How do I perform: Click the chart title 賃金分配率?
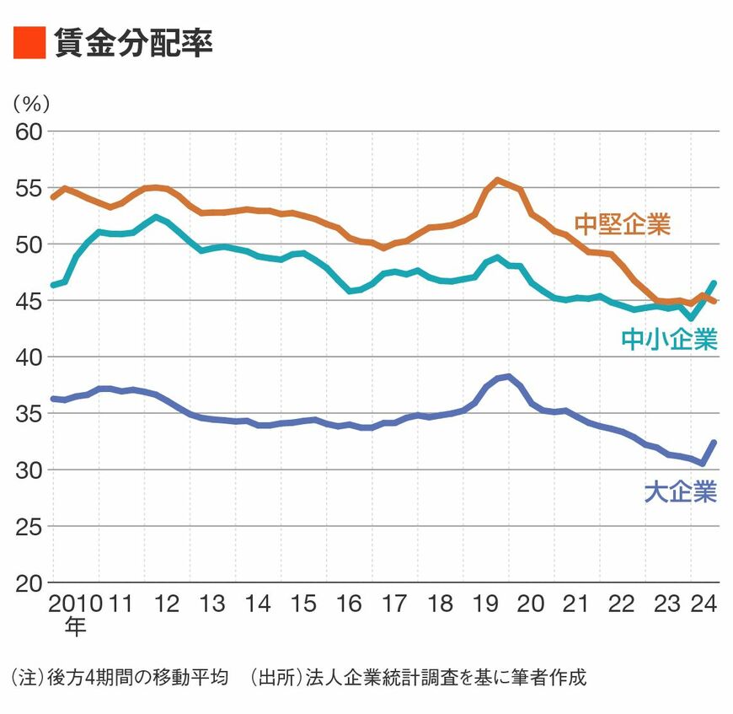tap(132, 42)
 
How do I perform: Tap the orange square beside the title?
tap(29, 42)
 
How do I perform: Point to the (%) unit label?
tap(31, 105)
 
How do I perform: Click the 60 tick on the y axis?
tap(28, 132)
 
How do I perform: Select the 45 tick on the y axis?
tap(28, 301)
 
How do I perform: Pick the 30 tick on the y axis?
tap(28, 470)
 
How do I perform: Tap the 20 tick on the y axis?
tap(28, 583)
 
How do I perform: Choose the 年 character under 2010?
tap(75, 626)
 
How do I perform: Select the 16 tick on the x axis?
tap(348, 604)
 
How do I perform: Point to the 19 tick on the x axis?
tap(485, 604)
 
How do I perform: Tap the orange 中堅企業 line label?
tap(622, 224)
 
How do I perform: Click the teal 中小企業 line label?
tap(669, 339)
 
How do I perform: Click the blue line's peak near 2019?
tap(508, 376)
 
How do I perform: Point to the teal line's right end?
tap(714, 283)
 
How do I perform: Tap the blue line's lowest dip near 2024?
tap(703, 463)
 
